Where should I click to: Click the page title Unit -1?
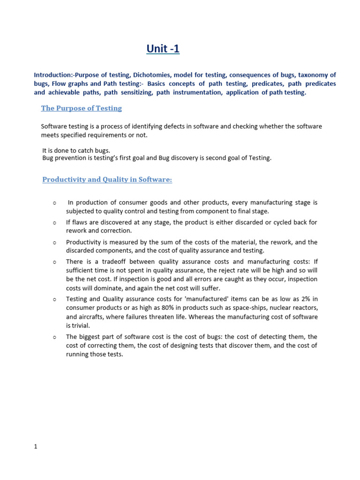tap(163, 49)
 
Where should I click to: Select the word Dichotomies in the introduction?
tap(152, 75)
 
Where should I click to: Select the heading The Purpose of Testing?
tap(81, 108)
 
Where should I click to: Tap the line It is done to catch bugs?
tap(76, 150)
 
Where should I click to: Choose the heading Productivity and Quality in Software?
tap(107, 180)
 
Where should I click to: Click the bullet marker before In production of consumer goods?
tap(55, 203)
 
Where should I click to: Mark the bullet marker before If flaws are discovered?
tap(55, 223)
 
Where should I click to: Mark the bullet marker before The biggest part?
tap(55, 337)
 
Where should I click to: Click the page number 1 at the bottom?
tap(36, 447)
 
